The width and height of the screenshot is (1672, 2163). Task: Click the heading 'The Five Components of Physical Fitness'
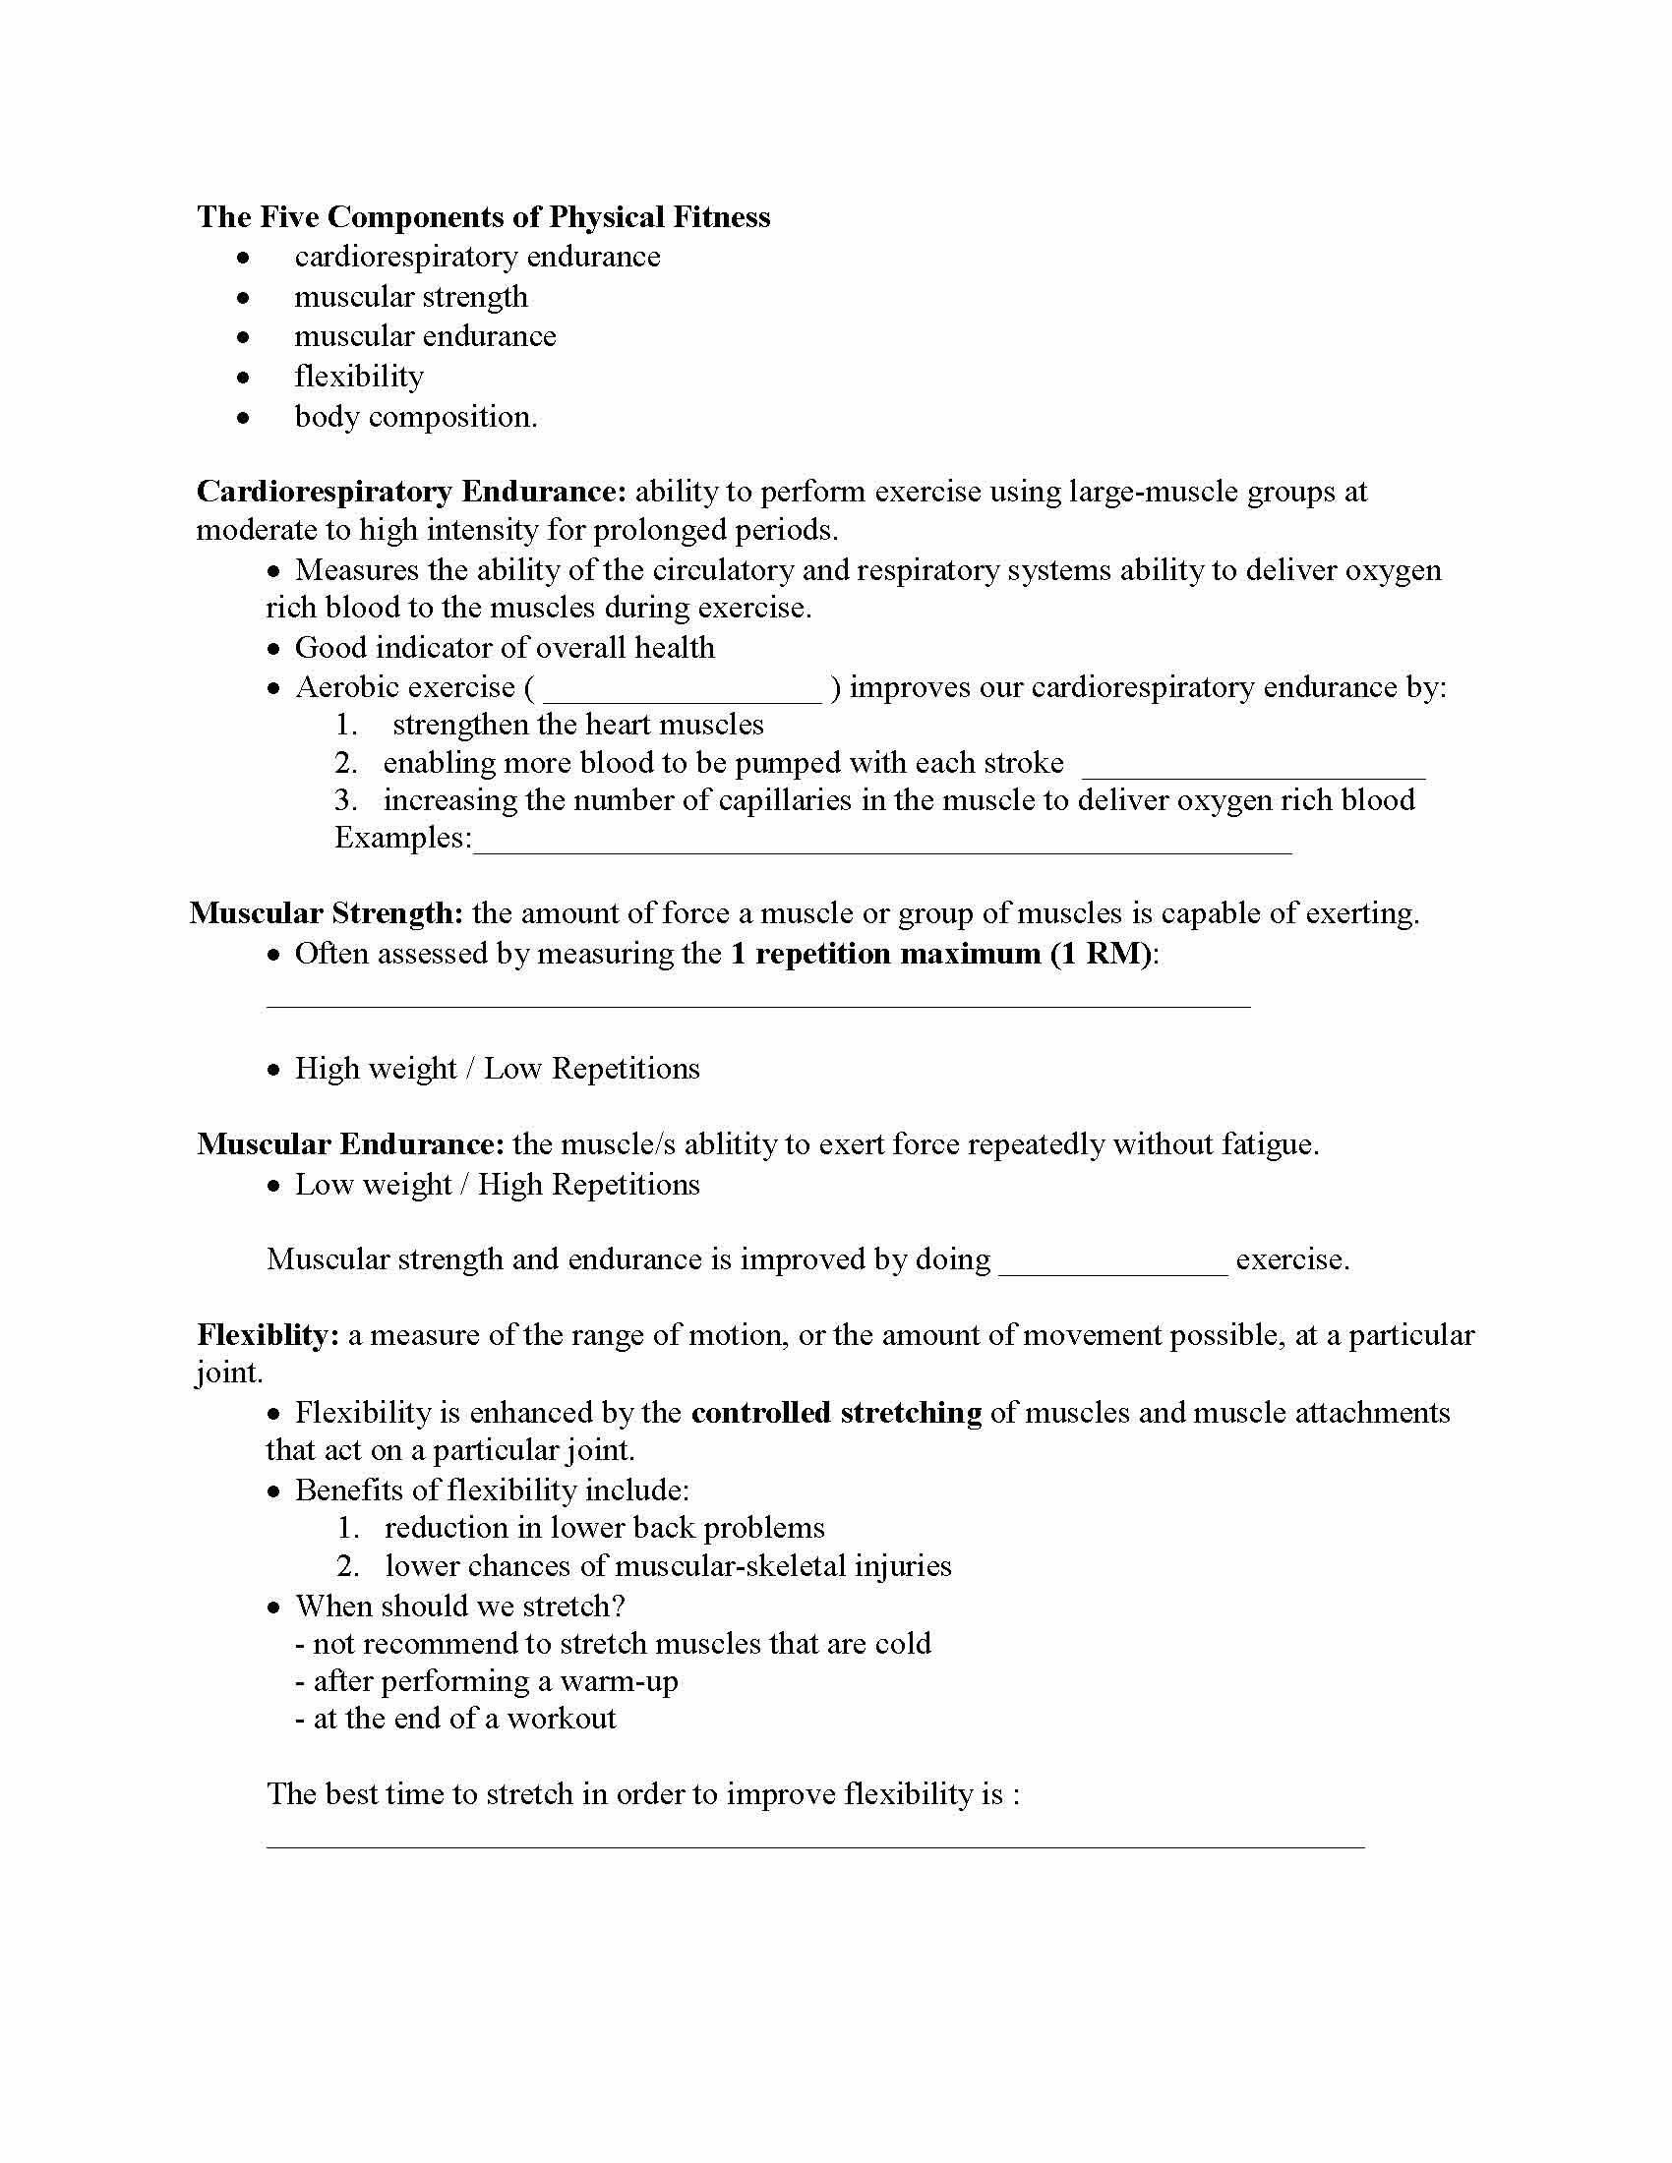(483, 217)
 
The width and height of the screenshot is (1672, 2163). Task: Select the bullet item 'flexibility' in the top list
(359, 377)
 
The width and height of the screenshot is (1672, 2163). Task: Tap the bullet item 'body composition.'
(415, 417)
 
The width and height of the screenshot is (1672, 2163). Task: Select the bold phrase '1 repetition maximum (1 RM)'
(941, 954)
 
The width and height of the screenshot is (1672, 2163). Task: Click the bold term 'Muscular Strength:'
(327, 913)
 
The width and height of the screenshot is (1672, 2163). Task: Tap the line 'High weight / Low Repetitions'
(497, 1069)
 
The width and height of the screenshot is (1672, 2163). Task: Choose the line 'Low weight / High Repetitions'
(497, 1185)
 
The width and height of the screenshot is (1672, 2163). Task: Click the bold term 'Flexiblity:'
(269, 1335)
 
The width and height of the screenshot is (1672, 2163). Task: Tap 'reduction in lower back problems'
(604, 1528)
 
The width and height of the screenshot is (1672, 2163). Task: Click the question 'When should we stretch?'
(459, 1606)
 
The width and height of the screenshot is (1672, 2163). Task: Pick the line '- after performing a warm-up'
(486, 1680)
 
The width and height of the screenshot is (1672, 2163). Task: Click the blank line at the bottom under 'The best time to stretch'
(814, 1844)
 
